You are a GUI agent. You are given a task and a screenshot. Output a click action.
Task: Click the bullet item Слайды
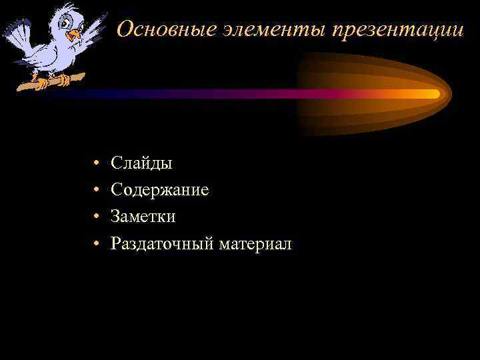tap(141, 163)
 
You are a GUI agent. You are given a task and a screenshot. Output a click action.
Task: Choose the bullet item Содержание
tap(160, 190)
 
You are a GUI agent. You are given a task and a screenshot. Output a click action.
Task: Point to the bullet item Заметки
tap(143, 217)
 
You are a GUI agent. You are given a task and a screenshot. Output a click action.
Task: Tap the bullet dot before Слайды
tap(97, 163)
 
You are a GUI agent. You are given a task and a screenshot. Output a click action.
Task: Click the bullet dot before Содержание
tap(97, 191)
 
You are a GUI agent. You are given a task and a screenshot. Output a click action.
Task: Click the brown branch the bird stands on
tap(47, 83)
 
